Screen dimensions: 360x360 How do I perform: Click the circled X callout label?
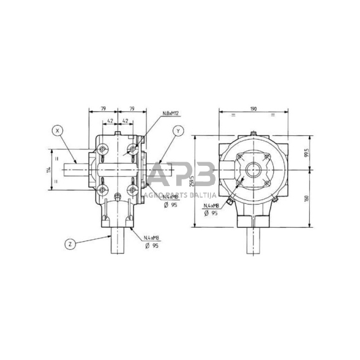[x=57, y=130]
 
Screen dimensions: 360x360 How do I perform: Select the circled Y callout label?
[x=178, y=130]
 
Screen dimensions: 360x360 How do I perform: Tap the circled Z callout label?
[x=70, y=244]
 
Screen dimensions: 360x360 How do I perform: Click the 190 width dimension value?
[x=253, y=109]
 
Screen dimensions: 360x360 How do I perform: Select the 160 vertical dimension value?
[x=306, y=200]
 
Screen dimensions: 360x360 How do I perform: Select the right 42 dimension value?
[x=124, y=121]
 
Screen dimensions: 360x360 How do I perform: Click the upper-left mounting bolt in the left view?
[x=103, y=149]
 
